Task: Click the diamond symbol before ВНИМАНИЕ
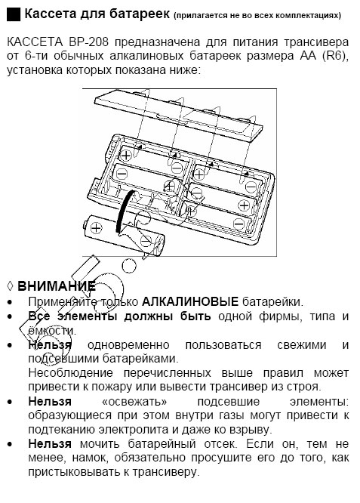click(x=9, y=285)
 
